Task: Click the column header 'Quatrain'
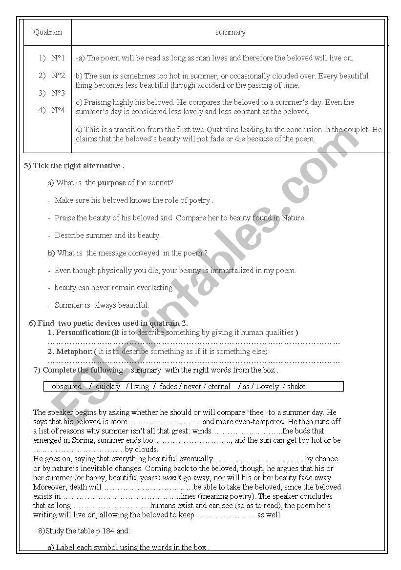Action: pos(48,32)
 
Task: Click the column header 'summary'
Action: pos(230,33)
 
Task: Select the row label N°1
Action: pos(58,58)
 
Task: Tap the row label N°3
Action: pos(58,93)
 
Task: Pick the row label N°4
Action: pos(58,110)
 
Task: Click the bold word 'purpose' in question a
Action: pos(111,183)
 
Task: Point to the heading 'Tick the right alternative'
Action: pos(78,166)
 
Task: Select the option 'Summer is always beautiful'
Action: pos(101,305)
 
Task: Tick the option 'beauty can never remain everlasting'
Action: pos(114,288)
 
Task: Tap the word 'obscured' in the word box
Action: pos(67,387)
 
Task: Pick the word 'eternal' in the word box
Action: pos(219,387)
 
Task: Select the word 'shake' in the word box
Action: pos(296,387)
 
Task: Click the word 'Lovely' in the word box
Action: pos(267,387)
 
